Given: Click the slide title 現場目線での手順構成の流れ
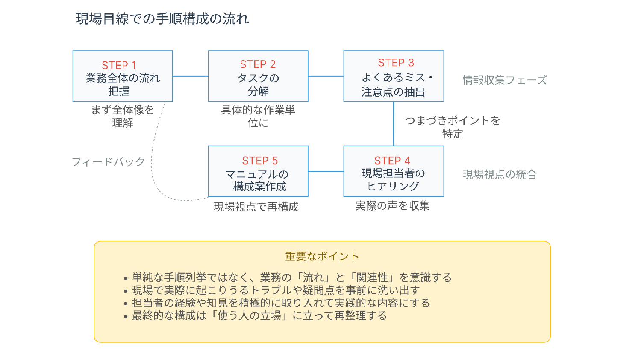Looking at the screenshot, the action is point(162,19).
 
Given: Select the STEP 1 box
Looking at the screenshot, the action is point(123,76).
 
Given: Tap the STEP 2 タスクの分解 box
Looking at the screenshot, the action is point(258,76).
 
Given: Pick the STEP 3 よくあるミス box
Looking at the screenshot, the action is point(394,76).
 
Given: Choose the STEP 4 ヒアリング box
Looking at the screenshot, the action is point(394,171).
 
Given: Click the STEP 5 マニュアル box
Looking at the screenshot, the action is point(258,171).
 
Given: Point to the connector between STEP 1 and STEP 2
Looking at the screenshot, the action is point(191,76).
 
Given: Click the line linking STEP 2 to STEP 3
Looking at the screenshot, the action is point(326,76).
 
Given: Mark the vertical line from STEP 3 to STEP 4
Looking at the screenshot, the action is point(394,124).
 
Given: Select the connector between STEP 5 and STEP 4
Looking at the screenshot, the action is point(326,171).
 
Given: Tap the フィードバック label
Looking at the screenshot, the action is point(109,162).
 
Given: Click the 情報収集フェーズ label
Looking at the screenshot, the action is point(505,80).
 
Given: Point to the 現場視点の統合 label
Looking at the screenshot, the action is point(500,174).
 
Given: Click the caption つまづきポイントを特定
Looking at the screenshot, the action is point(453,127).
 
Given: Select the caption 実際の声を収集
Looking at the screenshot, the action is point(393,206).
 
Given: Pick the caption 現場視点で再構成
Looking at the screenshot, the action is point(256,207).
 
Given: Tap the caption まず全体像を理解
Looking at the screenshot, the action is point(123,117).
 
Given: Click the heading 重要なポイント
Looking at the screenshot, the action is point(322,257).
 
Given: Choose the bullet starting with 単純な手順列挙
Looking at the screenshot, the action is point(288,278).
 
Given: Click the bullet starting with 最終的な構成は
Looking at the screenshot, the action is point(256,316).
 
